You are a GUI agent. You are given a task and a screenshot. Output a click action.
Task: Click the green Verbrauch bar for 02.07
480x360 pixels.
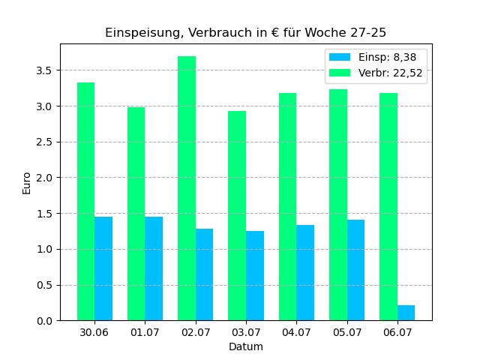tap(187, 188)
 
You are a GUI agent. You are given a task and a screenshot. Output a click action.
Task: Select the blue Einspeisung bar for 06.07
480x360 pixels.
tap(406, 313)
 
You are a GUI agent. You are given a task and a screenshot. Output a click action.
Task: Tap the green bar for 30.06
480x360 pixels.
tap(85, 202)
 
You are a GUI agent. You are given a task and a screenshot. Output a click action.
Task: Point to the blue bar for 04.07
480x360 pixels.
tap(305, 273)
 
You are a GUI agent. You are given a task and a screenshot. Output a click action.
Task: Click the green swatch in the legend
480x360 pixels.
tap(340, 73)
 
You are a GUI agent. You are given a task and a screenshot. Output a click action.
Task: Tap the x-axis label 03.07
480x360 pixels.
tap(246, 332)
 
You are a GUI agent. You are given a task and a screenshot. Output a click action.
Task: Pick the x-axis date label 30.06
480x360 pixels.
tap(94, 332)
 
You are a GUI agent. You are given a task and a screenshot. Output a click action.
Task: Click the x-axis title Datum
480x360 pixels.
tap(246, 347)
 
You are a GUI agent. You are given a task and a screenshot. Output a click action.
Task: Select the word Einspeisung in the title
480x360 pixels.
tap(139, 33)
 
